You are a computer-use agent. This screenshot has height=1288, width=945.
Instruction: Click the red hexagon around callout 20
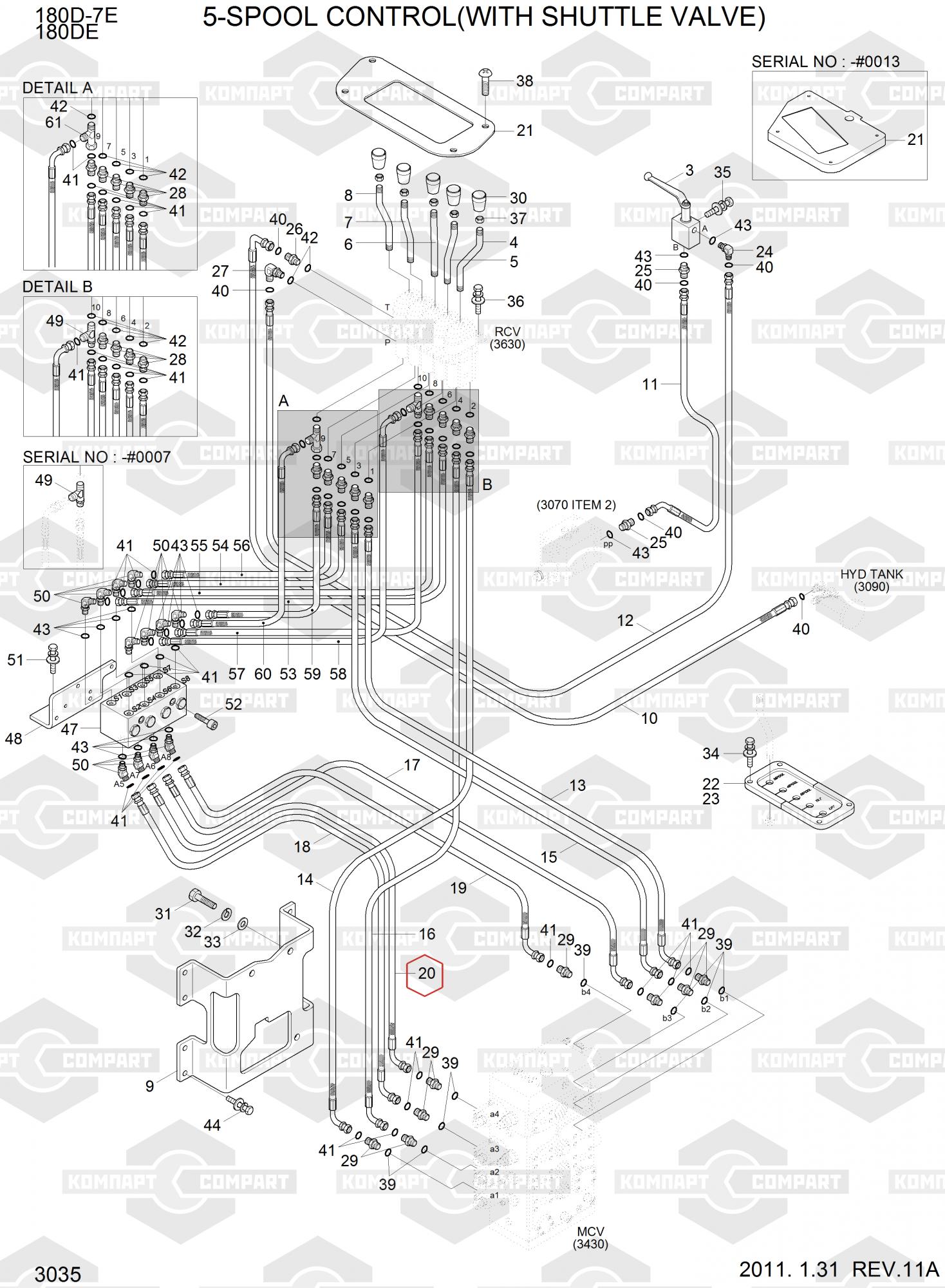click(x=426, y=973)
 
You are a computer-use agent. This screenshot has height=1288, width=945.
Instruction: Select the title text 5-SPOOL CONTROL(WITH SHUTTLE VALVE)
click(x=484, y=18)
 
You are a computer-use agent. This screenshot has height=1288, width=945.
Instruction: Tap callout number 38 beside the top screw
click(x=525, y=81)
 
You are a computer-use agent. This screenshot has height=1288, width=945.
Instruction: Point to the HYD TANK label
click(x=871, y=574)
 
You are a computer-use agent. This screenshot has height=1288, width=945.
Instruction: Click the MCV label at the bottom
click(x=590, y=1232)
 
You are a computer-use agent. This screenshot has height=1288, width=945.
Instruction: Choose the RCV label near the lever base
click(x=507, y=332)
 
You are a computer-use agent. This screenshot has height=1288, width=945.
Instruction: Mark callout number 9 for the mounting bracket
click(x=150, y=1086)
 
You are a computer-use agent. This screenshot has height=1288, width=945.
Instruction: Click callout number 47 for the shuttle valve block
click(x=70, y=730)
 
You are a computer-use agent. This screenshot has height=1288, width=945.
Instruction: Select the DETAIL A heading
click(x=57, y=88)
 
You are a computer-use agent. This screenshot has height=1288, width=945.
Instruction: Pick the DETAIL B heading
click(x=57, y=287)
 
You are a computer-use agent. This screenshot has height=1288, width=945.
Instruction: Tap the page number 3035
click(x=58, y=1274)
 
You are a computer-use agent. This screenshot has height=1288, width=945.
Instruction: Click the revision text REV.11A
click(x=895, y=1269)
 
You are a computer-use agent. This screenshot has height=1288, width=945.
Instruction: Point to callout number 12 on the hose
click(x=625, y=620)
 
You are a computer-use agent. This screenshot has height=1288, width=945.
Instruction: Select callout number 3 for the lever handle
click(x=689, y=171)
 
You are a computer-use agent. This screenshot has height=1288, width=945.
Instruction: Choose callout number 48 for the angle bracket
click(x=14, y=738)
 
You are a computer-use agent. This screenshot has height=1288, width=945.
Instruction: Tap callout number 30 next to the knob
click(x=518, y=198)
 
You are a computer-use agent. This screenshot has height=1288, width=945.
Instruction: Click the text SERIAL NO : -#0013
click(x=825, y=62)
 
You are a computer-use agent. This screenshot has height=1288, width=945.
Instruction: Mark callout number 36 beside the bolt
click(x=516, y=301)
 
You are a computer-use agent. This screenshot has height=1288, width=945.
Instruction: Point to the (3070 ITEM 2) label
click(x=576, y=505)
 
